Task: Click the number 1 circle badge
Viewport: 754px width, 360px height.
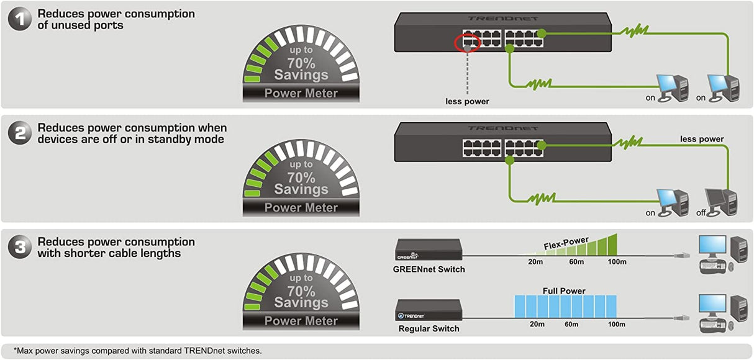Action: coord(20,19)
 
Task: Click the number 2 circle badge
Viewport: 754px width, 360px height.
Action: coord(20,133)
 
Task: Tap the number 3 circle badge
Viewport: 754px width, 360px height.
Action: coord(20,248)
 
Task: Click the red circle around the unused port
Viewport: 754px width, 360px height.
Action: coord(467,43)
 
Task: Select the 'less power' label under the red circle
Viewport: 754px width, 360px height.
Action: coord(468,101)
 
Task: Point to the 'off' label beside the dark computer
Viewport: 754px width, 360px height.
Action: coord(701,213)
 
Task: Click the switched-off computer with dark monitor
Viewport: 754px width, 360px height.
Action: coord(721,200)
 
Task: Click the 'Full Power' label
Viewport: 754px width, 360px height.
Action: coord(564,290)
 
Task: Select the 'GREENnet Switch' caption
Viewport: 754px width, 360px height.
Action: coord(429,269)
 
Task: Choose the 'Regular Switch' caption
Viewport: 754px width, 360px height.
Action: coord(429,328)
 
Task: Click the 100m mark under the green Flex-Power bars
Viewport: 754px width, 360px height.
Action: coord(617,262)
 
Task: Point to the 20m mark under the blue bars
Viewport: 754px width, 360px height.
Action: coord(537,324)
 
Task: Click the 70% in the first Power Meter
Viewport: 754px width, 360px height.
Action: coord(301,63)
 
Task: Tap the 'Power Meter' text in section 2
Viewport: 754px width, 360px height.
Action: coord(301,207)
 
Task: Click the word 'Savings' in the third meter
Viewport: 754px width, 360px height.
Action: coord(301,303)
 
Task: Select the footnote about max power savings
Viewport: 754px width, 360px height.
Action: coord(138,351)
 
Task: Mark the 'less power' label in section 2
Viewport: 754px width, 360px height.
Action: coord(702,139)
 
